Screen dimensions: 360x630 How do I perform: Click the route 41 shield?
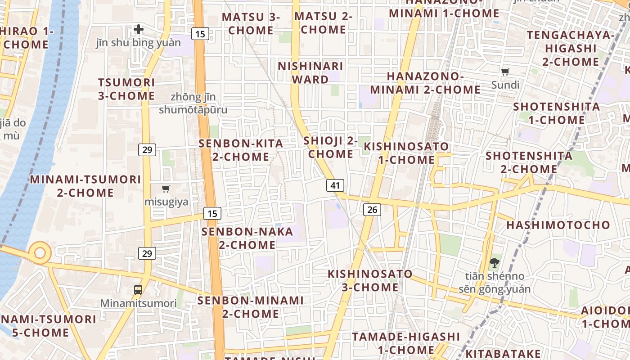pyautogui.click(x=335, y=185)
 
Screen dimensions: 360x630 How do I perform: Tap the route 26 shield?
pyautogui.click(x=372, y=209)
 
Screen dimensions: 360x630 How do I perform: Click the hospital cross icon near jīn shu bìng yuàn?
pyautogui.click(x=139, y=29)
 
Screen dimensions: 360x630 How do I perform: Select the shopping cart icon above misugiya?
pyautogui.click(x=166, y=189)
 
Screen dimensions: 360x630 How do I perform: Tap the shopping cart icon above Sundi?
pyautogui.click(x=505, y=72)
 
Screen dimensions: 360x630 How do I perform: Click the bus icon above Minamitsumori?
pyautogui.click(x=138, y=290)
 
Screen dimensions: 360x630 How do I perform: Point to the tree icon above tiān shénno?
pyautogui.click(x=494, y=262)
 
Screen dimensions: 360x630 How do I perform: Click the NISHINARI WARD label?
pyautogui.click(x=310, y=73)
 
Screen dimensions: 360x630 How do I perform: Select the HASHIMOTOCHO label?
pyautogui.click(x=558, y=225)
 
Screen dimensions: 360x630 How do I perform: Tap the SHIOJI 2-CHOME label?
pyautogui.click(x=331, y=147)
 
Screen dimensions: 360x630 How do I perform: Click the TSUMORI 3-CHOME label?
pyautogui.click(x=126, y=89)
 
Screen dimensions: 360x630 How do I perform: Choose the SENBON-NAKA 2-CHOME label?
pyautogui.click(x=247, y=238)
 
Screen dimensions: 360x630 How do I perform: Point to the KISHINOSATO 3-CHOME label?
pyautogui.click(x=370, y=280)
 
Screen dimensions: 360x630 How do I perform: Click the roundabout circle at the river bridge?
pyautogui.click(x=40, y=252)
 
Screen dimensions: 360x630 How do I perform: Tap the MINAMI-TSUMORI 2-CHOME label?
pyautogui.click(x=85, y=186)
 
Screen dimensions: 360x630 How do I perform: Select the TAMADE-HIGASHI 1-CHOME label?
pyautogui.click(x=406, y=343)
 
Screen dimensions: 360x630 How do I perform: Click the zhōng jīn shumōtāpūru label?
pyautogui.click(x=193, y=103)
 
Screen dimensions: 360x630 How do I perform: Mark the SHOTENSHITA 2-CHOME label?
pyautogui.click(x=529, y=162)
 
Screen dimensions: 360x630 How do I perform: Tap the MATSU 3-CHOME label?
pyautogui.click(x=251, y=23)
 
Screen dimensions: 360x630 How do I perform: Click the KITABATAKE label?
pyautogui.click(x=503, y=354)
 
